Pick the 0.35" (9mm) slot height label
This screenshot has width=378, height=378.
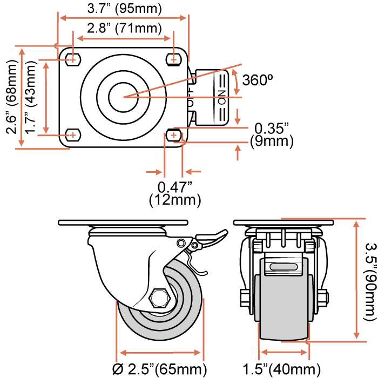(x=272, y=135)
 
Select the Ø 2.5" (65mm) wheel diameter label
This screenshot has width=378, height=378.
(x=160, y=369)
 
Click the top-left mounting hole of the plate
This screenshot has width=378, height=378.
(x=71, y=58)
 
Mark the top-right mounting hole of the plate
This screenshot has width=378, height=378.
(x=174, y=58)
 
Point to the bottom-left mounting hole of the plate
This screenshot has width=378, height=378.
(x=71, y=134)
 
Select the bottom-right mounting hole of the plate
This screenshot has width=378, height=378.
(x=174, y=134)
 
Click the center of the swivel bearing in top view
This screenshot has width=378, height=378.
(x=123, y=97)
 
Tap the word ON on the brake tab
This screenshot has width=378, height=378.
(x=221, y=100)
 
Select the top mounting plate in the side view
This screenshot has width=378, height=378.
(x=123, y=222)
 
